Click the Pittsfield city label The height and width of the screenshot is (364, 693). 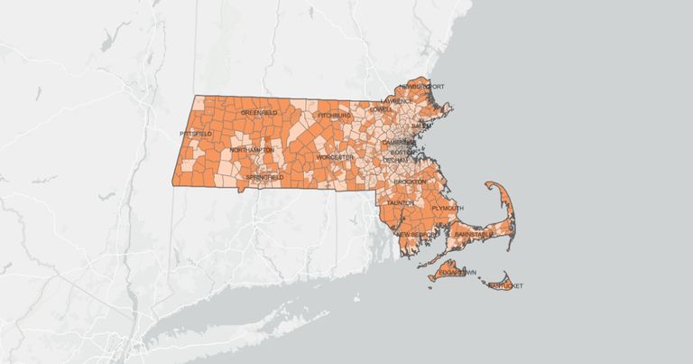[x=196, y=134]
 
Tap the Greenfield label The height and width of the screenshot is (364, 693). [x=258, y=113]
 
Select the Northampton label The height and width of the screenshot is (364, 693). [x=251, y=149]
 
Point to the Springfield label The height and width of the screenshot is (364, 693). [x=263, y=178]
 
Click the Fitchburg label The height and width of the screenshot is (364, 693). [x=333, y=117]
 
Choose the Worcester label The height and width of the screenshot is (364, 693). [x=335, y=157]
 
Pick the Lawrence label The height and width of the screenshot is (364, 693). [x=397, y=101]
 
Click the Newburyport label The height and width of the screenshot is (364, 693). [x=427, y=87]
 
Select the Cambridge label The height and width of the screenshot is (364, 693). [x=398, y=143]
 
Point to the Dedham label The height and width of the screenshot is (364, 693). [x=395, y=160]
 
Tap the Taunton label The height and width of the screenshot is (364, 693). [x=400, y=203]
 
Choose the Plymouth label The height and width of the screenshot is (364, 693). [x=448, y=208]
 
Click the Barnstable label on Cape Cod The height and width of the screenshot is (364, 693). [x=474, y=234]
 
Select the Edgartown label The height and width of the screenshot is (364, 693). [x=457, y=272]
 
